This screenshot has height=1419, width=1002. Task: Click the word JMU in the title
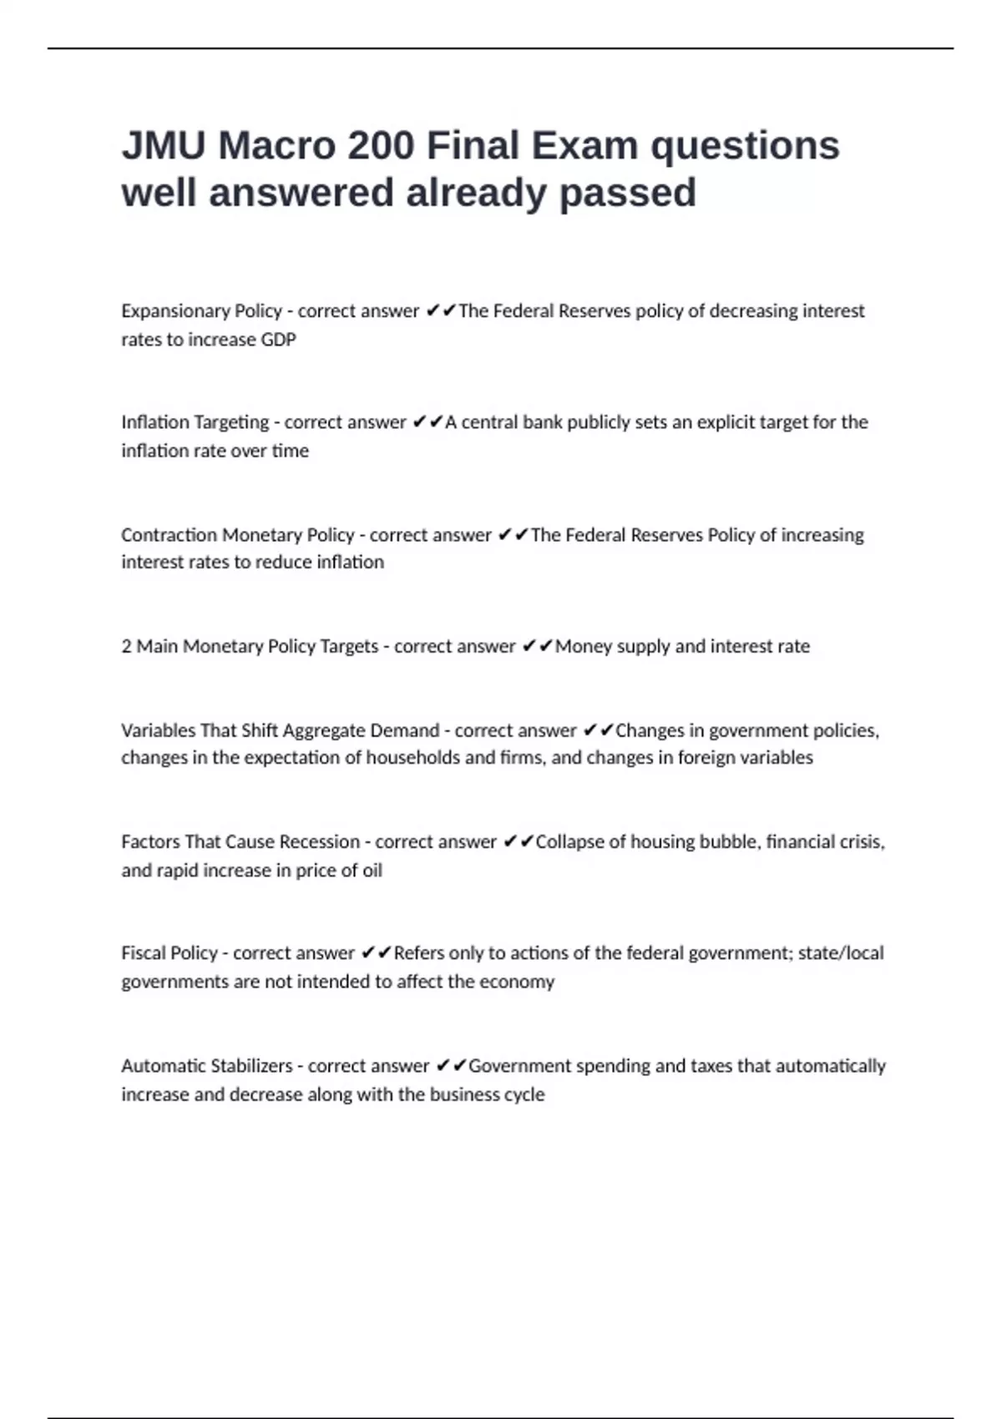(164, 146)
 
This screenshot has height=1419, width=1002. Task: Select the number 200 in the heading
(381, 146)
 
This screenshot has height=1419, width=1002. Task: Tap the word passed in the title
(627, 194)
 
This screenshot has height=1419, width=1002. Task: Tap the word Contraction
(169, 535)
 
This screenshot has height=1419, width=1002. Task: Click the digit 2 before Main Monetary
(126, 646)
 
